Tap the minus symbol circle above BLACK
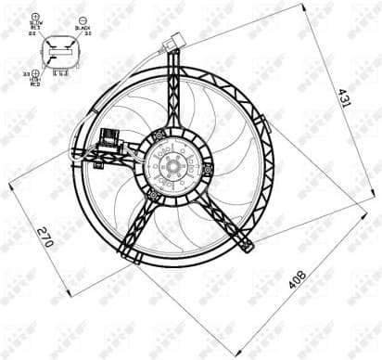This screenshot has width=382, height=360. click(x=83, y=19)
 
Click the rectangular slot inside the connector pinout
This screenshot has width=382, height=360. click(x=60, y=51)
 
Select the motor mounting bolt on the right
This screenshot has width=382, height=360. click(x=208, y=169)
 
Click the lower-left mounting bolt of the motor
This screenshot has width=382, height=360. click(x=151, y=193)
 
